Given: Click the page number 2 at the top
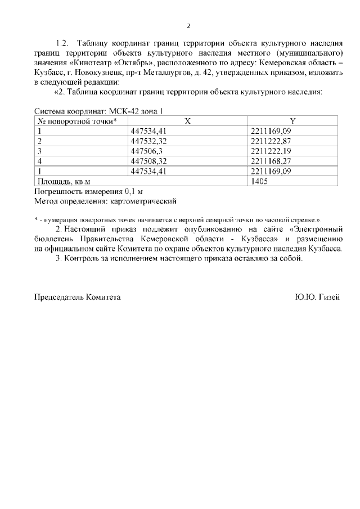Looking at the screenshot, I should pyautogui.click(x=188, y=26).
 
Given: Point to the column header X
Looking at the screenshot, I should pyautogui.click(x=187, y=121).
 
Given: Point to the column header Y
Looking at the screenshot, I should pyautogui.click(x=292, y=121).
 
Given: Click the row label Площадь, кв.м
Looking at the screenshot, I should pyautogui.click(x=64, y=182).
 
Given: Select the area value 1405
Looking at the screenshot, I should pyautogui.click(x=259, y=182).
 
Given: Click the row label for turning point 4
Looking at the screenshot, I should pyautogui.click(x=40, y=161).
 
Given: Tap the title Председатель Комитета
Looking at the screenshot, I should pyautogui.click(x=78, y=296).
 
